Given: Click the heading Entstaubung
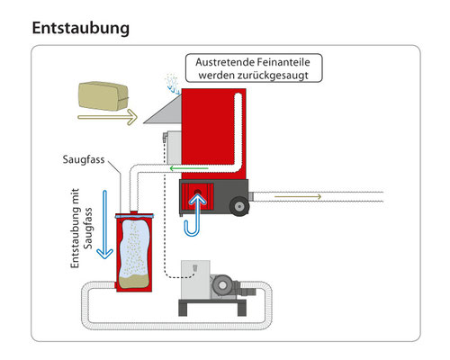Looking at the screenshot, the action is coord(81,29).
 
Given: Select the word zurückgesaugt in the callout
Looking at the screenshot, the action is coord(273,75).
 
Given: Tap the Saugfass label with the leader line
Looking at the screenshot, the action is coord(84,159).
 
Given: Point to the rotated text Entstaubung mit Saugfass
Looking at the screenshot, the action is coord(81,228).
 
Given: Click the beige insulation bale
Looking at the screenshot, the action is coord(103,96).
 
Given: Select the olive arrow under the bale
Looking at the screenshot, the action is coord(107,117).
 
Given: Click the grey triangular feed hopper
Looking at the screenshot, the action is coord(163,112).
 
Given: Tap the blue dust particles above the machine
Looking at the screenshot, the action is coord(172,83).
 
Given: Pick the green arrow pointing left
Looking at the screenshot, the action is coord(189,168).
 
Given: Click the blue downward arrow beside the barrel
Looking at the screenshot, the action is coord(104,224).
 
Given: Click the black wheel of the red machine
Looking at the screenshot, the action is coord(239,206).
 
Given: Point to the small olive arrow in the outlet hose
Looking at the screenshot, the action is coord(298,196).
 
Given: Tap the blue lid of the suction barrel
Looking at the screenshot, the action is coord(134,216).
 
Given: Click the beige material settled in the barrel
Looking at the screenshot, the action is coord(134,282).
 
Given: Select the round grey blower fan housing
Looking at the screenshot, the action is coord(222,284).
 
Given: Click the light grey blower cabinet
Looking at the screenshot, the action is coord(195,280).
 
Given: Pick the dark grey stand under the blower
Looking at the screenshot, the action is coord(212,307).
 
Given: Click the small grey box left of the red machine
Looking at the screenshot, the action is coord(173,147).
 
